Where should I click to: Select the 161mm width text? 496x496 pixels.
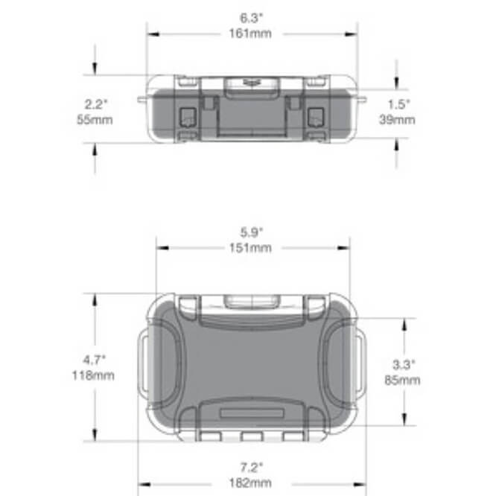[250, 34]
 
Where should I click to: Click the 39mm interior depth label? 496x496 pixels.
[398, 118]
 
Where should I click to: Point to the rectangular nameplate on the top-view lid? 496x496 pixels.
[252, 412]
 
